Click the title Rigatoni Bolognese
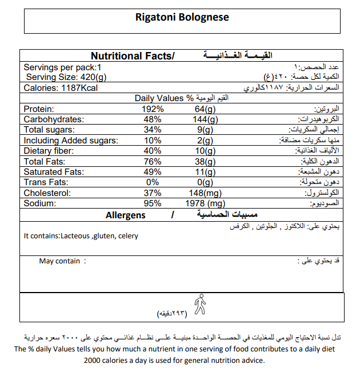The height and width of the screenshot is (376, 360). click(182, 17)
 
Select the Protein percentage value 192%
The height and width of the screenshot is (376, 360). click(153, 109)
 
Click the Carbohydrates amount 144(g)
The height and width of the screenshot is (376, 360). click(203, 119)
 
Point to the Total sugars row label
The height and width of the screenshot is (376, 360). click(49, 130)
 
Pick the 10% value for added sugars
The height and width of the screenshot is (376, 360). click(153, 141)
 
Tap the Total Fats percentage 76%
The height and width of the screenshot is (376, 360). click(153, 162)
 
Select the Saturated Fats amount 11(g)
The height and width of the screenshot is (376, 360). click(203, 172)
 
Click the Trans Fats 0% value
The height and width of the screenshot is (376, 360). click(153, 182)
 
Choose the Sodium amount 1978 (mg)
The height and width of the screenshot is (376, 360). click(206, 203)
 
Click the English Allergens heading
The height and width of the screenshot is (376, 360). click(126, 215)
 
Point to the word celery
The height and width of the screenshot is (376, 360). click(128, 235)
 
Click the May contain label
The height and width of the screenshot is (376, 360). click(59, 261)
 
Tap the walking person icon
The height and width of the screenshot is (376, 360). click(199, 303)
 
